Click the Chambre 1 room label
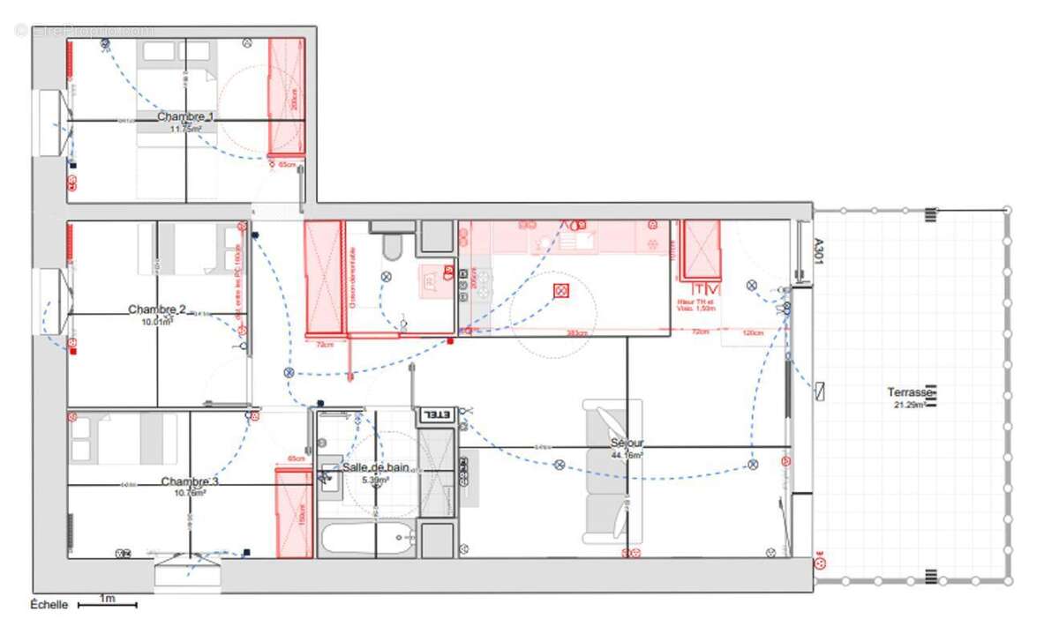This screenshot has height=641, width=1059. [185, 116]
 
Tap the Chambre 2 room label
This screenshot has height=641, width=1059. [157, 309]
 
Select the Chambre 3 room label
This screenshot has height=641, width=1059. [189, 482]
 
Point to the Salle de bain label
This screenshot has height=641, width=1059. [376, 467]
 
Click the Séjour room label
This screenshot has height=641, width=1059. [627, 443]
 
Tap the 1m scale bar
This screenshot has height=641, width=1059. [107, 604]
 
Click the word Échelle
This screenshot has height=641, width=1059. [49, 605]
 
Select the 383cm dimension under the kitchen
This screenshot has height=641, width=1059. [576, 332]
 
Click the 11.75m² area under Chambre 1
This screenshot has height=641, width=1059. [187, 129]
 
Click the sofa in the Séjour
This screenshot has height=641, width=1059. [611, 472]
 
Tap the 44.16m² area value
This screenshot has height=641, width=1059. [627, 455]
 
